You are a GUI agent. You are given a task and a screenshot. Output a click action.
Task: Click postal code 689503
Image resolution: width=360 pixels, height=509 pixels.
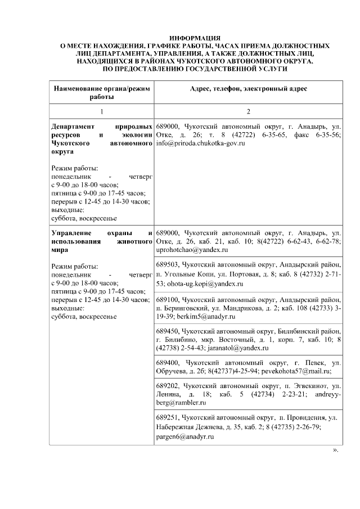click(168, 263)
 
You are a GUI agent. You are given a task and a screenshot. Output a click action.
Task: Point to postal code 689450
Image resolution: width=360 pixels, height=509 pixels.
click(168, 329)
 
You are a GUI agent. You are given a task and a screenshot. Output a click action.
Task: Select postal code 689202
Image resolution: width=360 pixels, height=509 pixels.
click(168, 386)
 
